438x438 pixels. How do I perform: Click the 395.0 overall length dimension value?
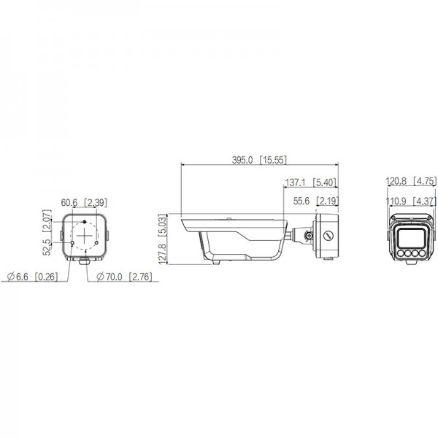242,160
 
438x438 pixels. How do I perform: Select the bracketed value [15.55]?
273,160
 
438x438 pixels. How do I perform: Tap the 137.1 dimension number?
295,182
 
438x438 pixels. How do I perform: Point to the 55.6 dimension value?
301,201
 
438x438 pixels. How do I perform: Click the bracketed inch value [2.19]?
327,201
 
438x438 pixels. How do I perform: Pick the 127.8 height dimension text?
163,254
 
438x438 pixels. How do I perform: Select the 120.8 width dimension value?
396,181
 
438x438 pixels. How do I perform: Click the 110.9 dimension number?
396,201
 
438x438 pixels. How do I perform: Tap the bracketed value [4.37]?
424,201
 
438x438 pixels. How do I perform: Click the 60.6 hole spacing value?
69,203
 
